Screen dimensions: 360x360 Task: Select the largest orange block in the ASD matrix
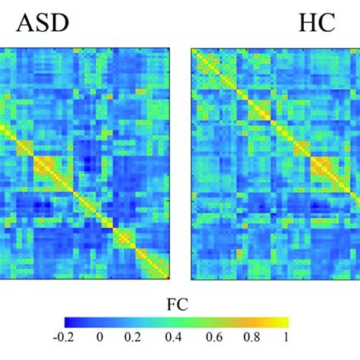(50, 169)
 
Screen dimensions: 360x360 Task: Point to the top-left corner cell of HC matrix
(194, 52)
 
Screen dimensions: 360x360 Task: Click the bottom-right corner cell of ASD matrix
(172, 275)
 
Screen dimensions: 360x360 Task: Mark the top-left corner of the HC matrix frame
(191, 49)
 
